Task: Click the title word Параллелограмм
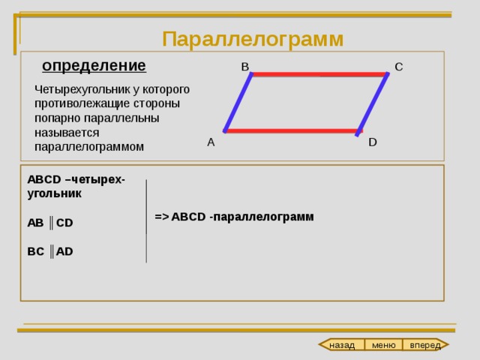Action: (x=253, y=40)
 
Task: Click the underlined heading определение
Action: (x=94, y=66)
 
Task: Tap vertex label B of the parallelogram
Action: (x=245, y=67)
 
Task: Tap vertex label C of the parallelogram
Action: (x=398, y=67)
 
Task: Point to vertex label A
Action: (x=211, y=142)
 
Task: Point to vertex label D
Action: (x=373, y=142)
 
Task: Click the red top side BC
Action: (x=319, y=74)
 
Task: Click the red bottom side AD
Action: (x=293, y=131)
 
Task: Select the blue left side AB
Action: (x=238, y=103)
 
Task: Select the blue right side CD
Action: (x=373, y=104)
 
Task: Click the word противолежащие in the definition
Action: (x=82, y=103)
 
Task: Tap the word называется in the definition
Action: (x=67, y=133)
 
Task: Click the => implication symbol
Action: (x=162, y=217)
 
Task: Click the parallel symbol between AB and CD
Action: (x=51, y=223)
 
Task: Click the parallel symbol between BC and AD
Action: (x=52, y=252)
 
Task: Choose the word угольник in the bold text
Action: (x=55, y=194)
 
